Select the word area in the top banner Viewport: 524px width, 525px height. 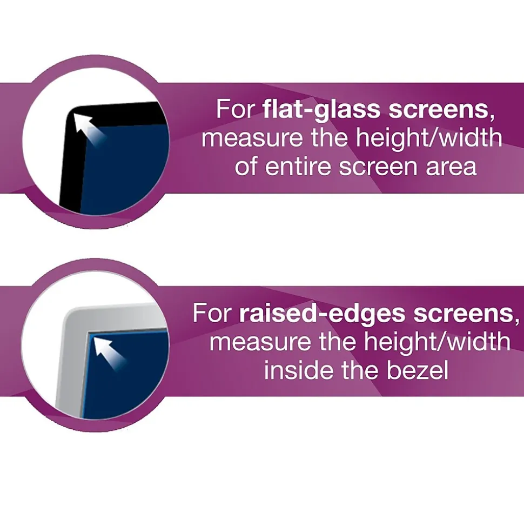click(x=451, y=167)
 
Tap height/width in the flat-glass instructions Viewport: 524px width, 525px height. click(x=429, y=138)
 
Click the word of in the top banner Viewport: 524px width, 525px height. click(x=246, y=167)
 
